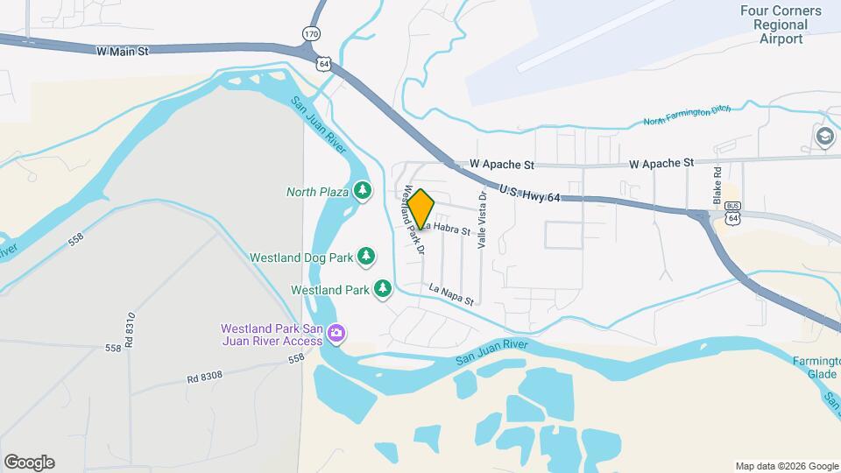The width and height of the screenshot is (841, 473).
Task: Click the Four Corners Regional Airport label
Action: [780, 25]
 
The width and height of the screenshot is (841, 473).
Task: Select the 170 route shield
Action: [311, 33]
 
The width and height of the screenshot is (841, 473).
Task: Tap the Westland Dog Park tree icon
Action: [366, 258]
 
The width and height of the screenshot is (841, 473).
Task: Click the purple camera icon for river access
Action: [336, 333]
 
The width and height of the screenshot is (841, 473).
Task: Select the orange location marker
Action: [420, 209]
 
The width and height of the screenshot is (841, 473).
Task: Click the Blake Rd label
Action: [717, 186]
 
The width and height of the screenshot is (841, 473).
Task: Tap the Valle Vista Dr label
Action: [482, 221]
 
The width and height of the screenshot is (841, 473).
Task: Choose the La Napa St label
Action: [451, 294]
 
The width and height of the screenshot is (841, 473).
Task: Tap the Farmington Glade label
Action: [816, 367]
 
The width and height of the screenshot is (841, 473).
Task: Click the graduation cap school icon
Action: [823, 137]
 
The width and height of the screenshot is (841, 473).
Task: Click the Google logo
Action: [29, 462]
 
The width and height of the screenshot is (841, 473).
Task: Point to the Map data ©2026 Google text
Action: [786, 466]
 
